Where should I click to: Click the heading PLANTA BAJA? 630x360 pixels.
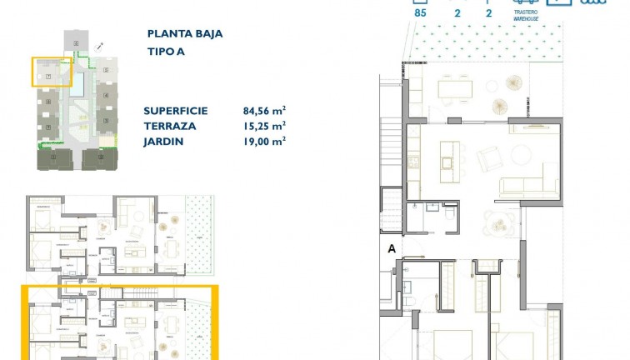click(x=185, y=34)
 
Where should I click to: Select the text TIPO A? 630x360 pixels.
click(x=166, y=51)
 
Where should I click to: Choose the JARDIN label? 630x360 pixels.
click(x=163, y=141)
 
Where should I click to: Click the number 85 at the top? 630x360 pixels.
click(x=420, y=13)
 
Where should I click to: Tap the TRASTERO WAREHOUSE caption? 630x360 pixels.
click(x=525, y=15)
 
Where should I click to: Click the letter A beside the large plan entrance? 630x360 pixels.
click(x=390, y=247)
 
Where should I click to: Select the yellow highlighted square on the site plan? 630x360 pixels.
click(x=52, y=72)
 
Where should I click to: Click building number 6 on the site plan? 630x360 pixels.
click(x=77, y=42)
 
